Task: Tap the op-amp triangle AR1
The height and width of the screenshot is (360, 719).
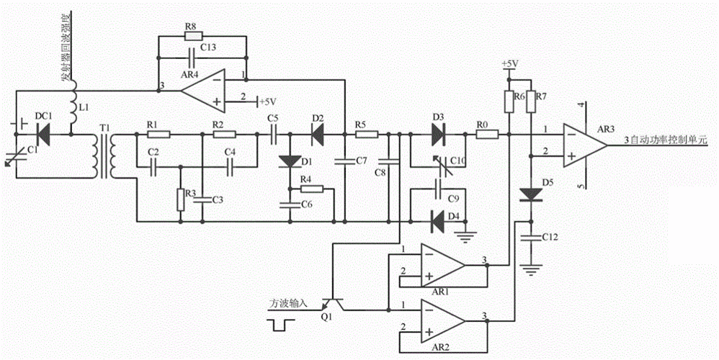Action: pyautogui.click(x=442, y=264)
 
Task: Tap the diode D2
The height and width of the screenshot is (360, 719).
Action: pyautogui.click(x=318, y=134)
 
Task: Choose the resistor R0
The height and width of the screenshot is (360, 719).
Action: pyautogui.click(x=483, y=134)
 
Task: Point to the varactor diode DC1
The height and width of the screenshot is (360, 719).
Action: pyautogui.click(x=43, y=132)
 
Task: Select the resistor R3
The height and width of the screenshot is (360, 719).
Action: pyautogui.click(x=179, y=200)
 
